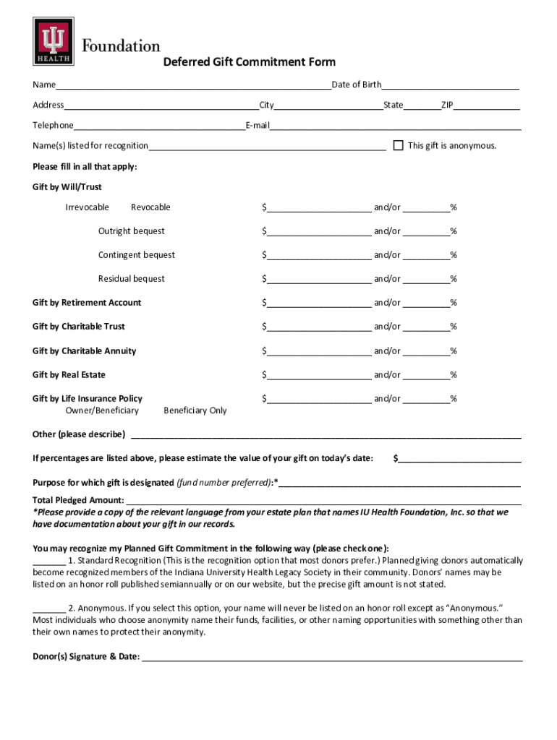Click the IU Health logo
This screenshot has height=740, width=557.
pos(54,40)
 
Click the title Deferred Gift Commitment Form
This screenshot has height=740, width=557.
pos(249,62)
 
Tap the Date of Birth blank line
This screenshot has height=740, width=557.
pos(450,86)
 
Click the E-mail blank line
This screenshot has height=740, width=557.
pos(395,126)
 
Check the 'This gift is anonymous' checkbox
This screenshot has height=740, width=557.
pos(398,145)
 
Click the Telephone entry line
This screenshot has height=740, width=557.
pos(159,126)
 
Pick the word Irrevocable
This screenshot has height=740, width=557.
pos(87,207)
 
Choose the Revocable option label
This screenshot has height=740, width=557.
pos(150,207)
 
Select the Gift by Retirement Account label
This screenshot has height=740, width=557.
pos(87,303)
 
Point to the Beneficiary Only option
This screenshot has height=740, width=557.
pos(195,410)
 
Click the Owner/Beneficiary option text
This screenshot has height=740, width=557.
pos(102,410)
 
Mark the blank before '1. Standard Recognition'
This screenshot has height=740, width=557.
pos(48,562)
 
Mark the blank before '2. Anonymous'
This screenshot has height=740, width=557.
pos(48,609)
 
